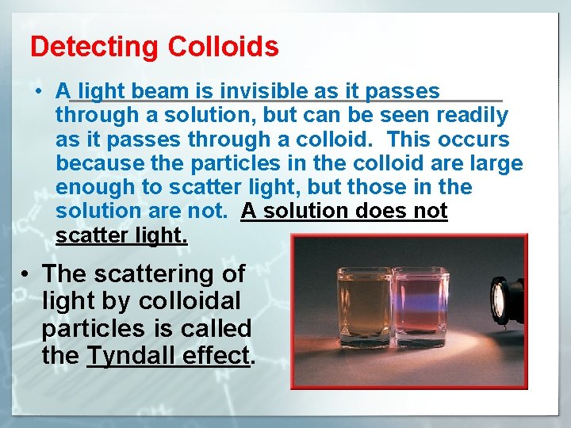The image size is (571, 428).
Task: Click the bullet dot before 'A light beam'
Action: pos(39,92)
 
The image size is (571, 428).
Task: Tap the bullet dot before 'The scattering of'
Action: pos(26,274)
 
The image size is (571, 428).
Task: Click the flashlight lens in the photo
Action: pos(500,300)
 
